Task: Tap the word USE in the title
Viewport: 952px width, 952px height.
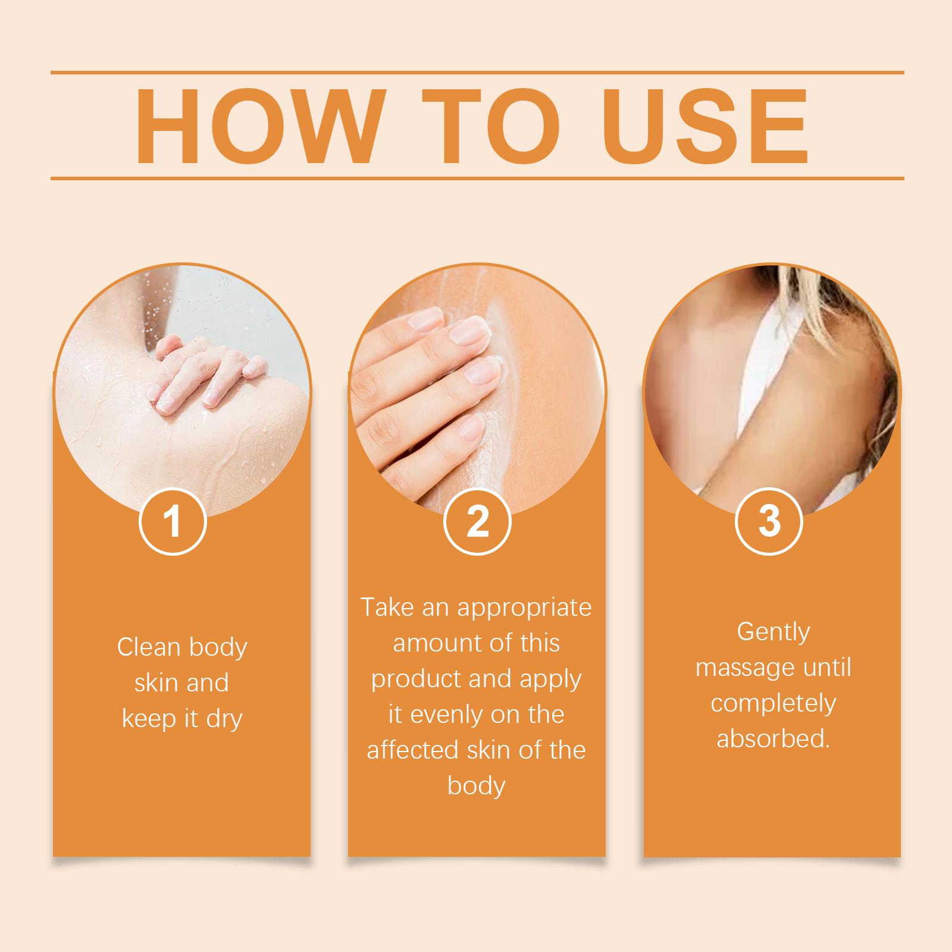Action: [707, 126]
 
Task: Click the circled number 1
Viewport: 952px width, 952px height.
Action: [173, 521]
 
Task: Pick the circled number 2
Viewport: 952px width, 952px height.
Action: [477, 521]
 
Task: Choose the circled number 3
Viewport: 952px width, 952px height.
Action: [769, 521]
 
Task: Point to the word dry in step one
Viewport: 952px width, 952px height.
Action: [223, 719]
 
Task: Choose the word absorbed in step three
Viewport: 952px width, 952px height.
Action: [773, 739]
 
